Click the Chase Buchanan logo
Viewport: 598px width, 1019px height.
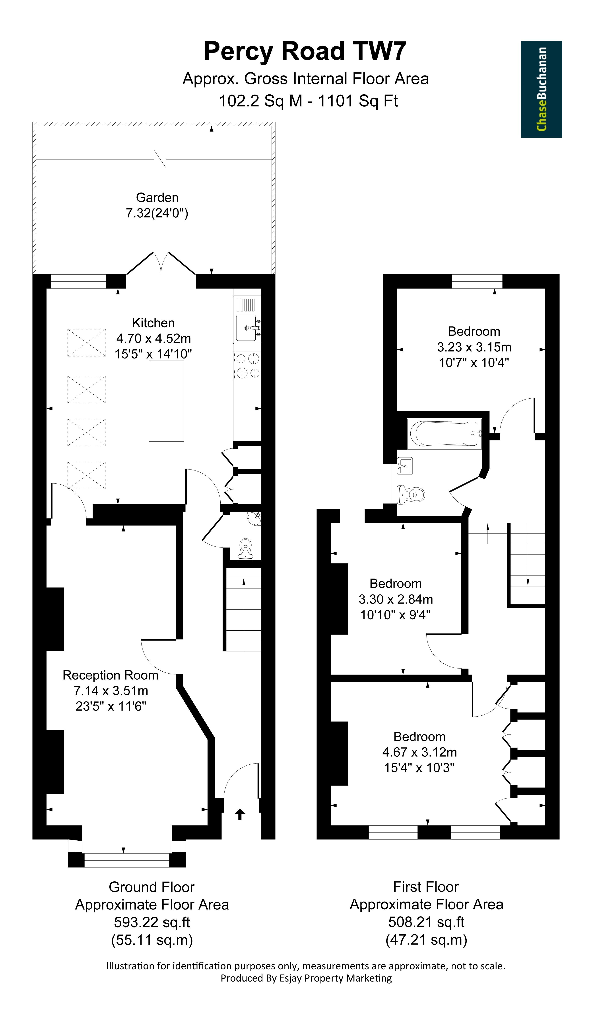[x=541, y=89]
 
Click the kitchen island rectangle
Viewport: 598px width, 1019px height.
[x=166, y=401]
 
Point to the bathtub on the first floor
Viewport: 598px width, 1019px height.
[x=444, y=433]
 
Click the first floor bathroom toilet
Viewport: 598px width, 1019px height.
[x=411, y=495]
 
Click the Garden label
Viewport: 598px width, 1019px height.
[x=157, y=197]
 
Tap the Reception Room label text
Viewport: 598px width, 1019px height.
[x=110, y=675]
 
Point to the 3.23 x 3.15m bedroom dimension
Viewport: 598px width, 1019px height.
[x=474, y=347]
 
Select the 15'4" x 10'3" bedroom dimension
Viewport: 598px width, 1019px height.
[x=419, y=768]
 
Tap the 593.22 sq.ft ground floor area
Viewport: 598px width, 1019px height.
[x=152, y=922]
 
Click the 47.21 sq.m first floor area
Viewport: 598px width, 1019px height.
[x=427, y=940]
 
